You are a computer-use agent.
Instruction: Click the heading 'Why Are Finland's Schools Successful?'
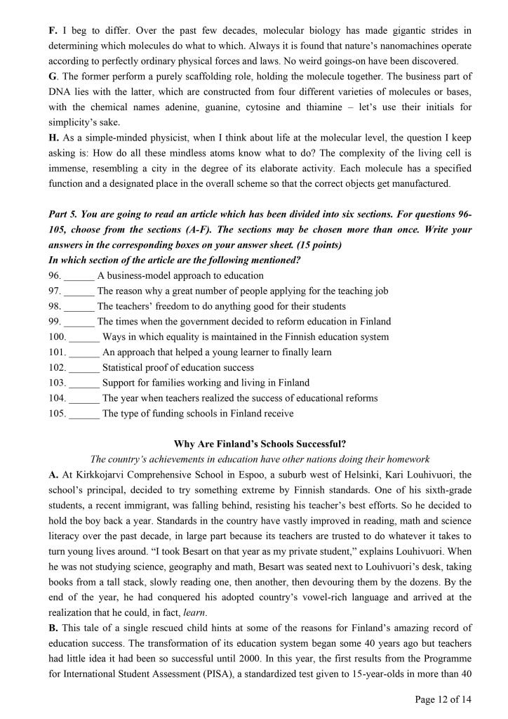click(x=253, y=444)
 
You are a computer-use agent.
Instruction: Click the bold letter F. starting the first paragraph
click(x=53, y=30)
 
